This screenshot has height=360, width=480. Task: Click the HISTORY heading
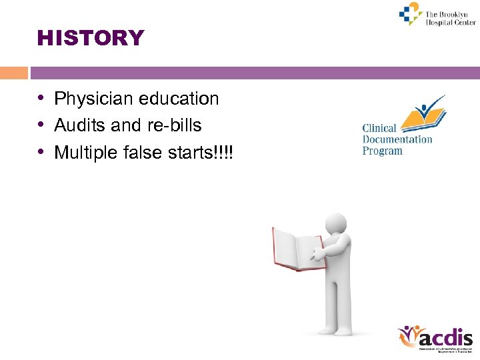tap(91, 38)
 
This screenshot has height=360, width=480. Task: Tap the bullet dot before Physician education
tap(41, 99)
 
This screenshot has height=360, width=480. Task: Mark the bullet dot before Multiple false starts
tap(41, 153)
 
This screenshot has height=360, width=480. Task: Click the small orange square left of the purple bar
tap(14, 73)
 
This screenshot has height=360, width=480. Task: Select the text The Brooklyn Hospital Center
tap(451, 17)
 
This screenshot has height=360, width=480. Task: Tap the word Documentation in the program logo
tap(397, 139)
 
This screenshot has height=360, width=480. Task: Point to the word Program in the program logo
tap(382, 151)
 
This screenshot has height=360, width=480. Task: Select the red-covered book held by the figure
tap(298, 248)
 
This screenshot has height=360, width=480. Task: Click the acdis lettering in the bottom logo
tap(447, 338)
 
